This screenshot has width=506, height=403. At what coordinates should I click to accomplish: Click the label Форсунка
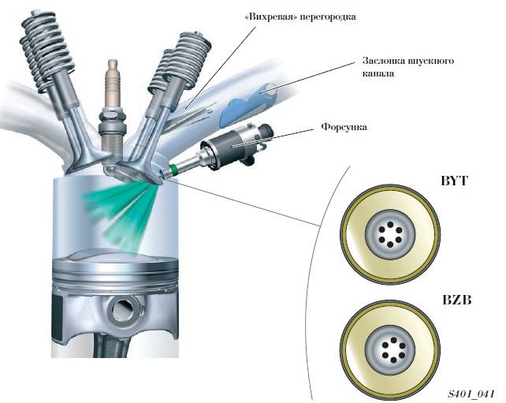point(343,125)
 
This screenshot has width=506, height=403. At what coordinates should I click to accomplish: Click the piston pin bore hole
point(117,313)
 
